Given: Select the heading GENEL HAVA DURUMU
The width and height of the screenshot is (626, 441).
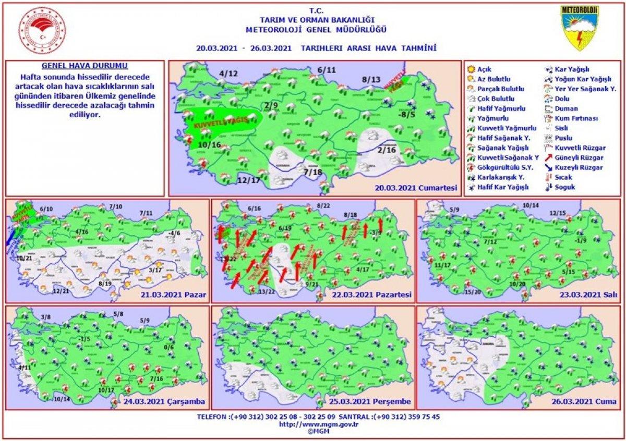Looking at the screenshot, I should pos(84,67).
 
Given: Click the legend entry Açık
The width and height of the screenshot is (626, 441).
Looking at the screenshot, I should pos(484,69).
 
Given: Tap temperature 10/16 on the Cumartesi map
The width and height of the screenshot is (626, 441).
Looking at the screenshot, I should pos(210,144).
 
